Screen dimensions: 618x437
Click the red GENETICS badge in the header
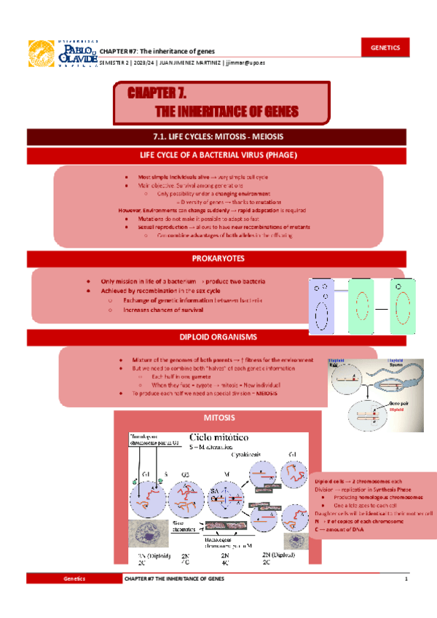point(385,47)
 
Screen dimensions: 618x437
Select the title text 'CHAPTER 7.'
point(158,94)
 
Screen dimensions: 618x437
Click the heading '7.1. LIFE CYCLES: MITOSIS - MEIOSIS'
point(219,136)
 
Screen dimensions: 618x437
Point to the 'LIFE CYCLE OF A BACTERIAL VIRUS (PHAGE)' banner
point(219,155)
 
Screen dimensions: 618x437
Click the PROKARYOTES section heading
point(219,259)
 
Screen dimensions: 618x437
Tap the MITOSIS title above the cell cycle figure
point(219,418)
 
